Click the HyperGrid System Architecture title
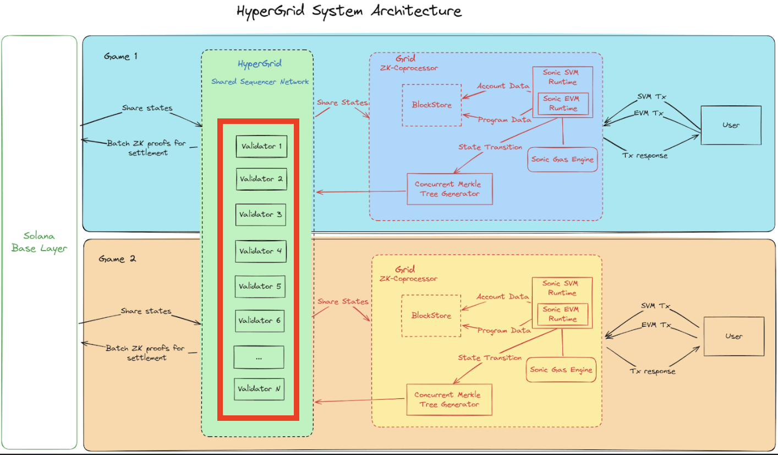(x=349, y=12)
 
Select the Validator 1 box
(x=261, y=147)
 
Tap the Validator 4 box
(x=261, y=251)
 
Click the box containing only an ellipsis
(x=259, y=357)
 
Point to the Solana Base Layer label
(x=39, y=242)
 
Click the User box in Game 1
(x=731, y=126)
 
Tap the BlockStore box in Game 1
(x=432, y=105)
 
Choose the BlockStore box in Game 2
(x=431, y=316)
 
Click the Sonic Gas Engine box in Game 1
(x=562, y=160)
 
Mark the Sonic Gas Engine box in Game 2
(x=562, y=370)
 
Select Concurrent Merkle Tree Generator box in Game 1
(x=450, y=189)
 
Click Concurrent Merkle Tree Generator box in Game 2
(x=448, y=399)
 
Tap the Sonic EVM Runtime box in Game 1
(x=563, y=104)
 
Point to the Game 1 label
(x=120, y=57)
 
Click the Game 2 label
(x=117, y=259)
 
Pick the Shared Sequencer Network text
(x=260, y=82)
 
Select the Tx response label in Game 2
(x=653, y=371)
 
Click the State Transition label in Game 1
(x=490, y=147)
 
